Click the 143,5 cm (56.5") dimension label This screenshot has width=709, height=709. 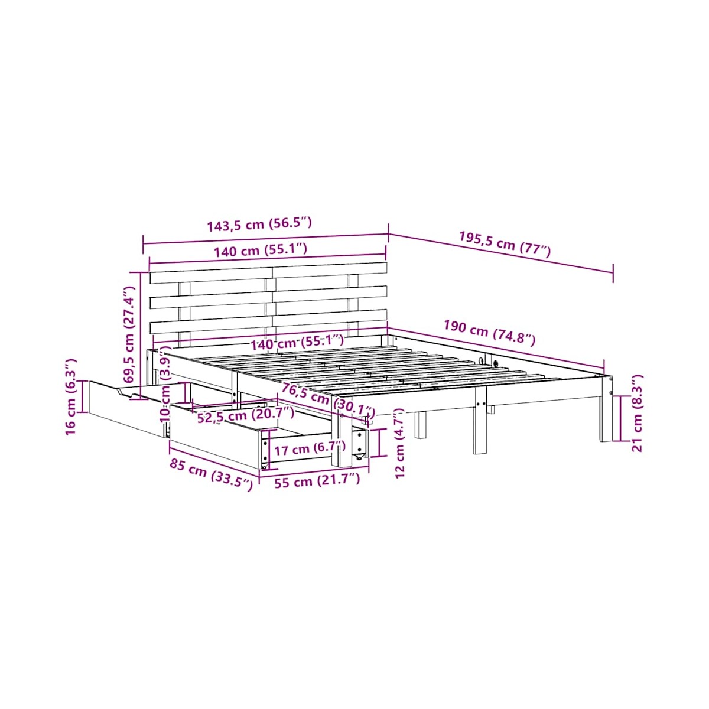[259, 225]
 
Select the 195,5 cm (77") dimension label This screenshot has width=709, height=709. [505, 245]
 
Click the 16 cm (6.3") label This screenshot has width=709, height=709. [71, 398]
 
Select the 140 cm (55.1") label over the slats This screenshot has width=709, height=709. [297, 343]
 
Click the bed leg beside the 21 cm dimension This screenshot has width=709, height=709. [606, 408]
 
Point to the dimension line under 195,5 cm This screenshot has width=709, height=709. [500, 253]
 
